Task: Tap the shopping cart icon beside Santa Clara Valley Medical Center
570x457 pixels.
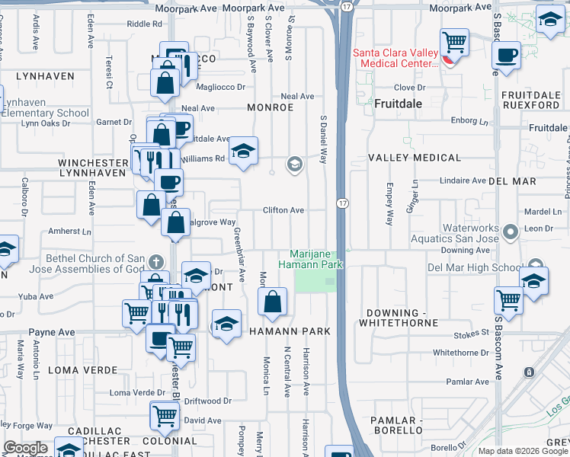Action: click(x=454, y=41)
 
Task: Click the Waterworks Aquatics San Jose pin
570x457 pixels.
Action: click(x=510, y=230)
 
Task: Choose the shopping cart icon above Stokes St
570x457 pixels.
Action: click(x=508, y=299)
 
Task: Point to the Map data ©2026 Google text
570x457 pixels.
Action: click(x=523, y=451)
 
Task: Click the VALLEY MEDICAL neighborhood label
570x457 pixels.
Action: click(x=415, y=158)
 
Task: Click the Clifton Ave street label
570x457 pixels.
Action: click(x=283, y=210)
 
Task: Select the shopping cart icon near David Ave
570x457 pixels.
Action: click(x=165, y=416)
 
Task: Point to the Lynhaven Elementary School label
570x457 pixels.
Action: click(x=46, y=108)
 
